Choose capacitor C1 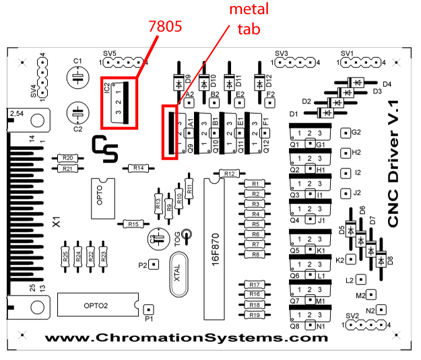pyautogui.click(x=77, y=77)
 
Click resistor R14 pyautogui.click(x=137, y=168)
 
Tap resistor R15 pyautogui.click(x=133, y=224)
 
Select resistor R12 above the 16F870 pyautogui.click(x=228, y=174)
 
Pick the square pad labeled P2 pyautogui.click(x=154, y=264)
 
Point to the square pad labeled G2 pyautogui.click(x=346, y=133)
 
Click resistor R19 pyautogui.click(x=255, y=314)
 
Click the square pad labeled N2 pyautogui.click(x=382, y=310)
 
